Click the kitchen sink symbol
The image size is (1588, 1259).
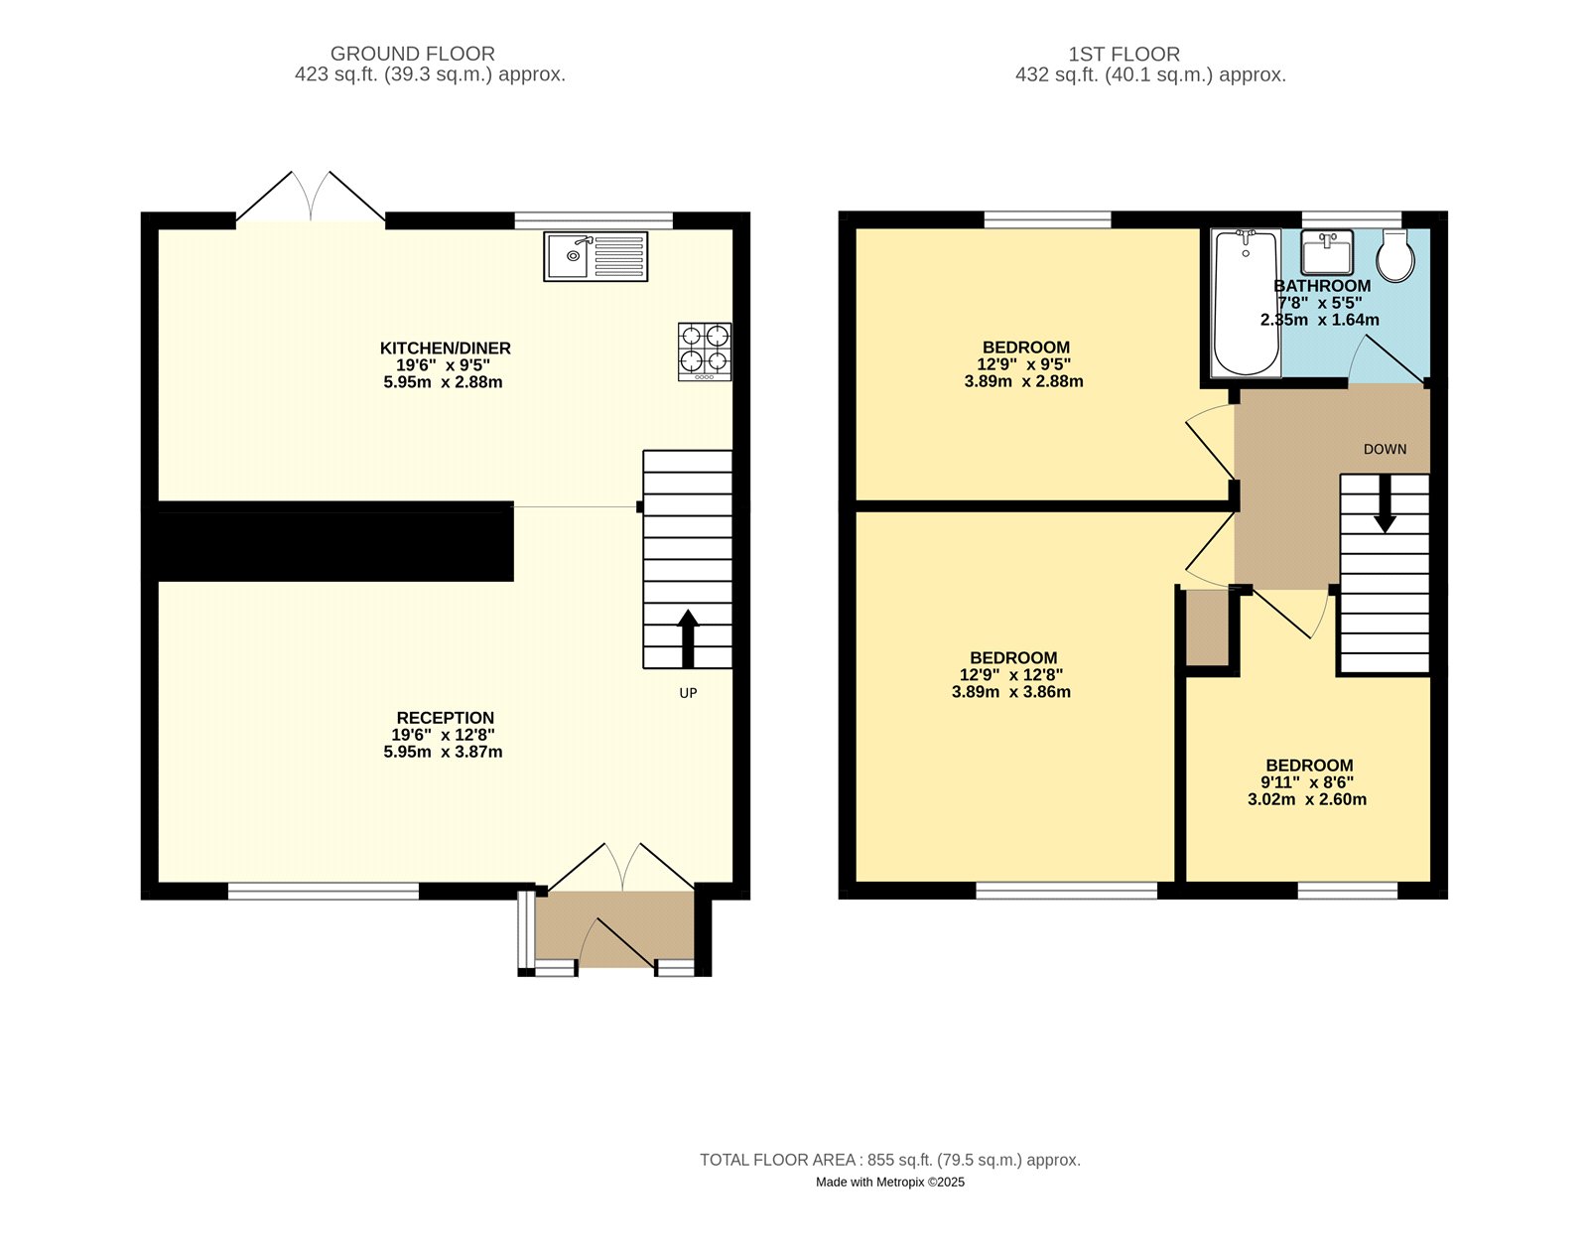pyautogui.click(x=595, y=256)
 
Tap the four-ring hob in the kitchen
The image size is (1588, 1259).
pyautogui.click(x=705, y=350)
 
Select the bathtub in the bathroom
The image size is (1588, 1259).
pyautogui.click(x=1246, y=303)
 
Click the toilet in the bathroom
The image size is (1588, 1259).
pyautogui.click(x=1395, y=257)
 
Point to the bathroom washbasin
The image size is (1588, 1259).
pyautogui.click(x=1327, y=252)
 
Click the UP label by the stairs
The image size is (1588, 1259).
pyautogui.click(x=688, y=693)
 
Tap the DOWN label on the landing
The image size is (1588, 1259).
pyautogui.click(x=1385, y=449)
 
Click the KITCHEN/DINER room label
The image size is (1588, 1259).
pyautogui.click(x=445, y=349)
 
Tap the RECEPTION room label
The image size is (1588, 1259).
pyautogui.click(x=445, y=718)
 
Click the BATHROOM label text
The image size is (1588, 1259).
pyautogui.click(x=1322, y=286)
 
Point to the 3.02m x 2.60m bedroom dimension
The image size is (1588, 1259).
pyautogui.click(x=1306, y=799)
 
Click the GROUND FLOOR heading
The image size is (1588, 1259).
pyautogui.click(x=412, y=54)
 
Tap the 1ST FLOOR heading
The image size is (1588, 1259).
pyautogui.click(x=1124, y=54)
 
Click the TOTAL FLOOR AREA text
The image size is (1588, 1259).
pyautogui.click(x=889, y=1160)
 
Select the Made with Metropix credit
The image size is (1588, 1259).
pyautogui.click(x=889, y=1183)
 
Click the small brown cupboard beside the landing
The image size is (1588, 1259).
pyautogui.click(x=1208, y=629)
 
